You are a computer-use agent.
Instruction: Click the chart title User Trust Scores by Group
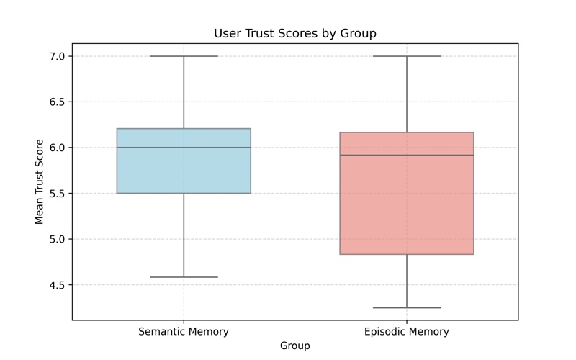pos(295,33)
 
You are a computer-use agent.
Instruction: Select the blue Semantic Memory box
pos(184,161)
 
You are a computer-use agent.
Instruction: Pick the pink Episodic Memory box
pos(407,193)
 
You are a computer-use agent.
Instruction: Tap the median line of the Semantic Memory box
pos(184,148)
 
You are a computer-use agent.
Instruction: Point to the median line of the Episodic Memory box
pos(407,155)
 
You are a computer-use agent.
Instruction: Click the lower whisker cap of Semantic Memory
pos(184,277)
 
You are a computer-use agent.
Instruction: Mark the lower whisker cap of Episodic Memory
pos(407,308)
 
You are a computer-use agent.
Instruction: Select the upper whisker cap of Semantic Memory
pos(184,56)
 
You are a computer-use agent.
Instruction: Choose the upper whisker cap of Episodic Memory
pos(407,56)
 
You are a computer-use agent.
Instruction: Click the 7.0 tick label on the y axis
pos(57,56)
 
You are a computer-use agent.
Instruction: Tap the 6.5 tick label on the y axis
pos(57,102)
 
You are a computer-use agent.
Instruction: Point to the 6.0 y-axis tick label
pos(57,148)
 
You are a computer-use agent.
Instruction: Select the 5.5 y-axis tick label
pos(57,193)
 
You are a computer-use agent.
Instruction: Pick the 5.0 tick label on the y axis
pos(57,239)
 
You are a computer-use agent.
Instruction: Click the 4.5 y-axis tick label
pos(57,284)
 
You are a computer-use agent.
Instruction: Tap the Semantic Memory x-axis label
pos(184,332)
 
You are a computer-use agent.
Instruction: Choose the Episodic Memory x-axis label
pos(407,332)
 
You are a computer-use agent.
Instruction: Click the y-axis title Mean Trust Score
pos(40,182)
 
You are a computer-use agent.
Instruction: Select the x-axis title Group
pos(295,346)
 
